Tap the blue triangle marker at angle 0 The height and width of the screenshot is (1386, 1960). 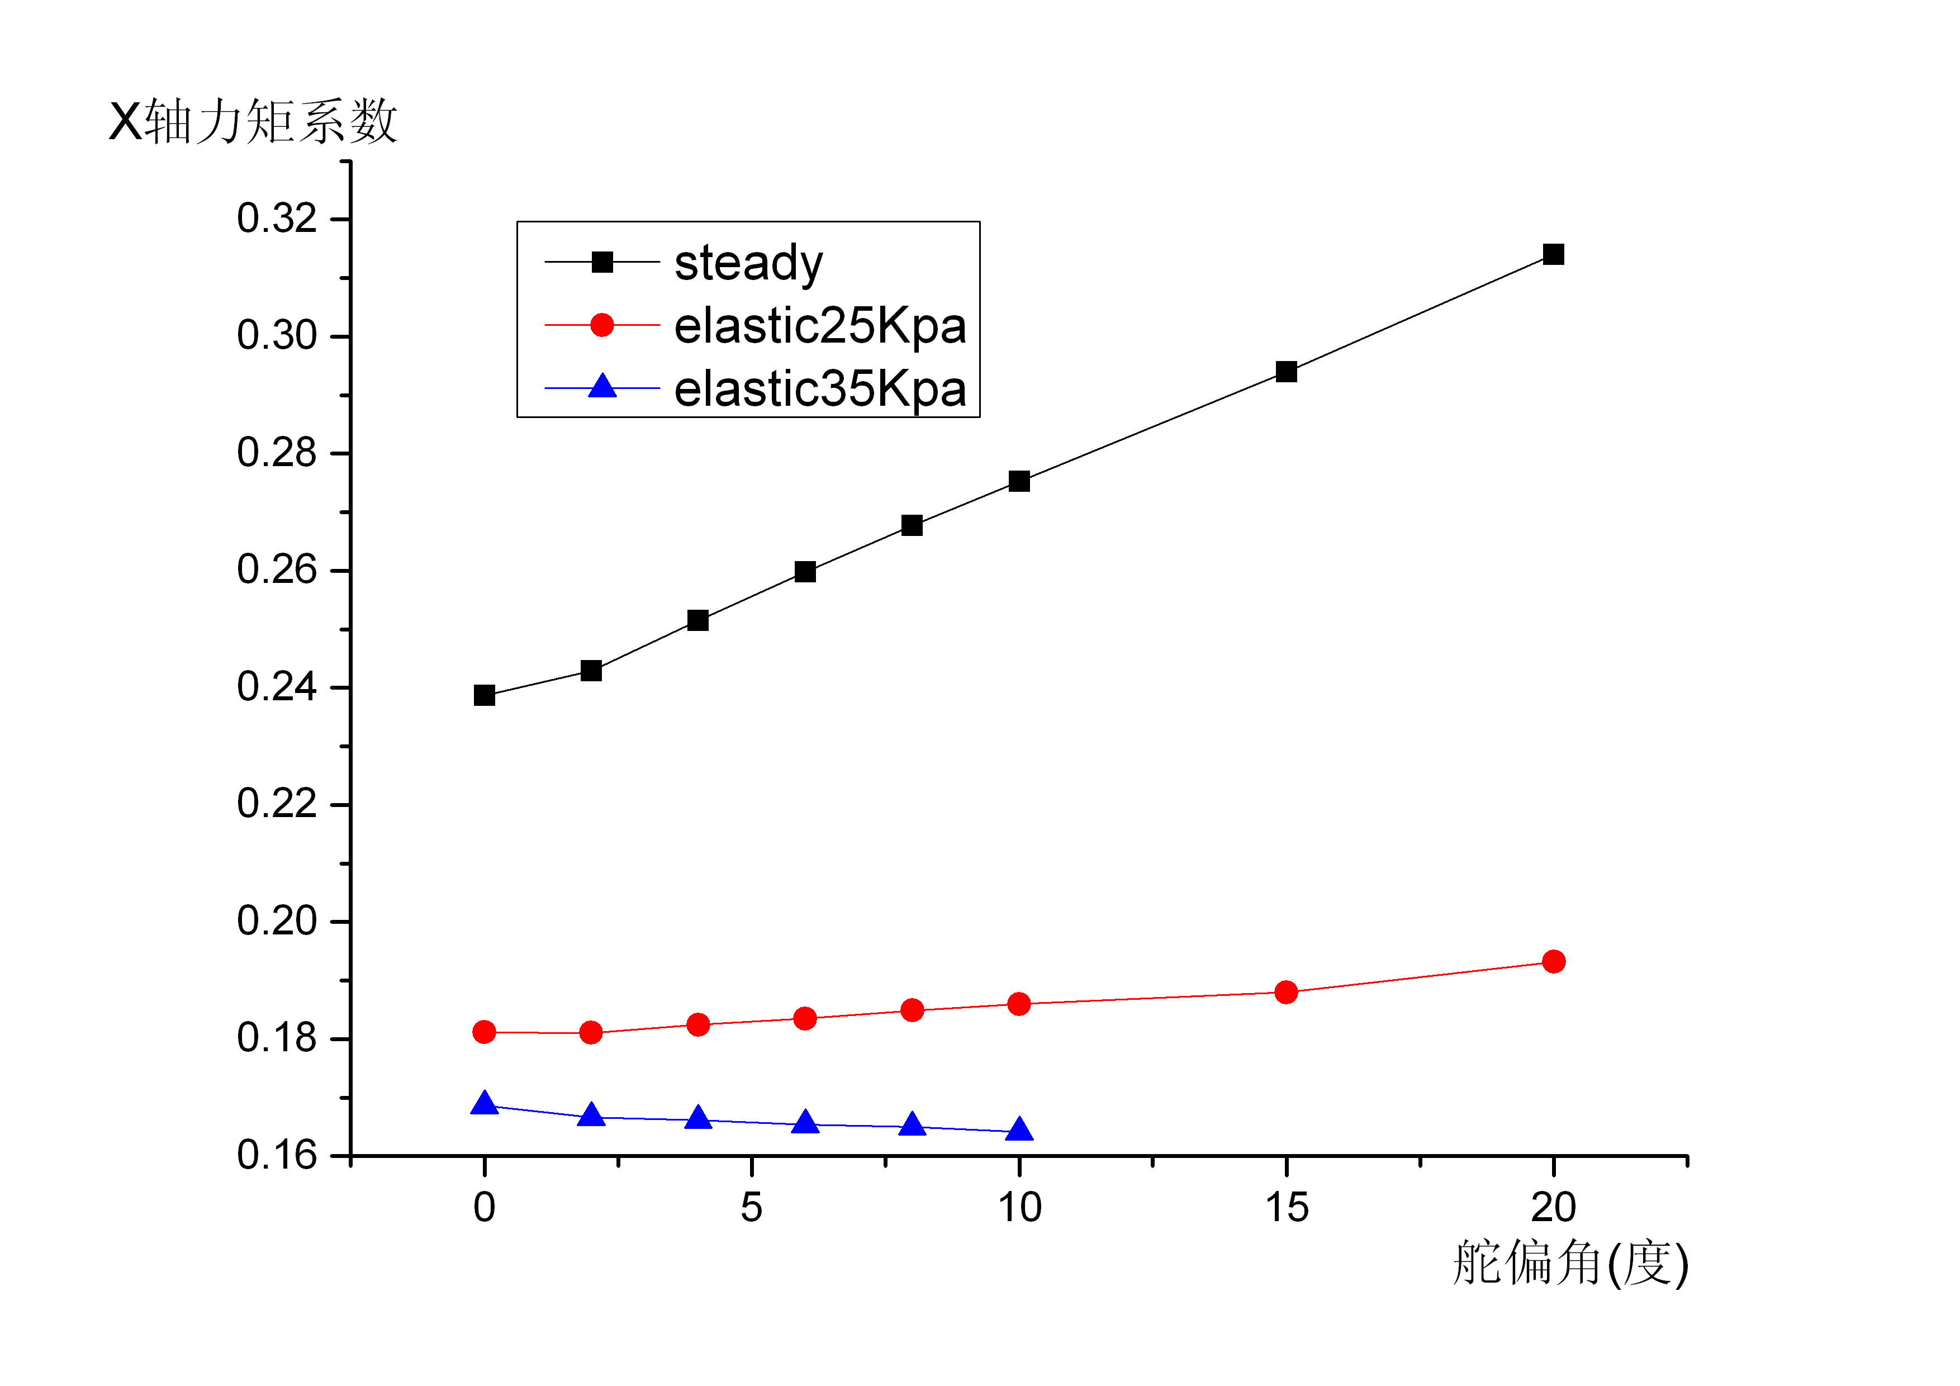(484, 1104)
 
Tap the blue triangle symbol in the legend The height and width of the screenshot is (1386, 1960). (602, 387)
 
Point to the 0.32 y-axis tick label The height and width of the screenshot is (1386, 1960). (277, 219)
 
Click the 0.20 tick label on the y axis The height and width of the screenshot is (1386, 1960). (277, 921)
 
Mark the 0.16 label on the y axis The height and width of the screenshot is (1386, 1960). (277, 1156)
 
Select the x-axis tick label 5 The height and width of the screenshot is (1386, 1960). (751, 1208)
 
